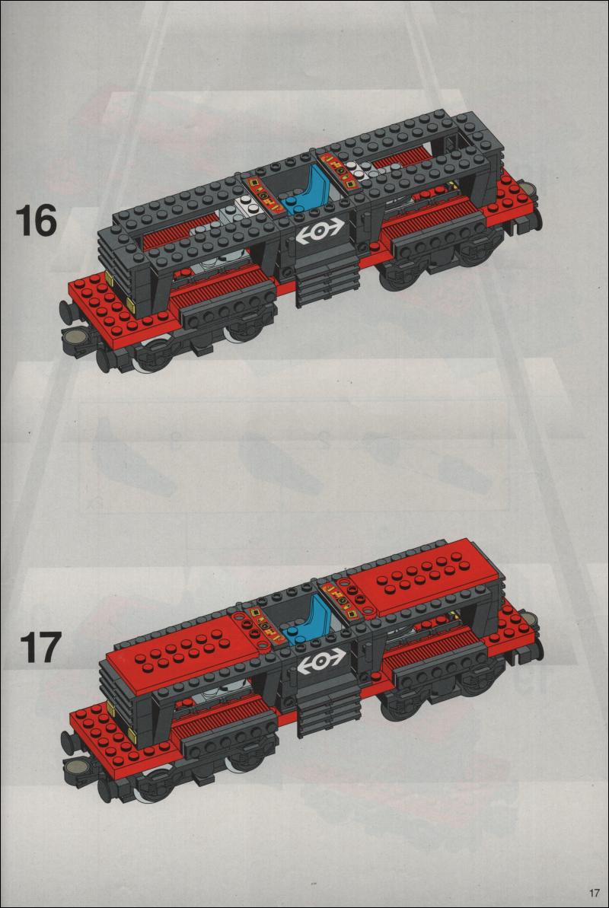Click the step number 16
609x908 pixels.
pyautogui.click(x=36, y=220)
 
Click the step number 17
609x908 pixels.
pyautogui.click(x=40, y=647)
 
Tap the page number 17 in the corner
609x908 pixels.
pyautogui.click(x=593, y=892)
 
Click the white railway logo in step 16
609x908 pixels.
pyautogui.click(x=319, y=232)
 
